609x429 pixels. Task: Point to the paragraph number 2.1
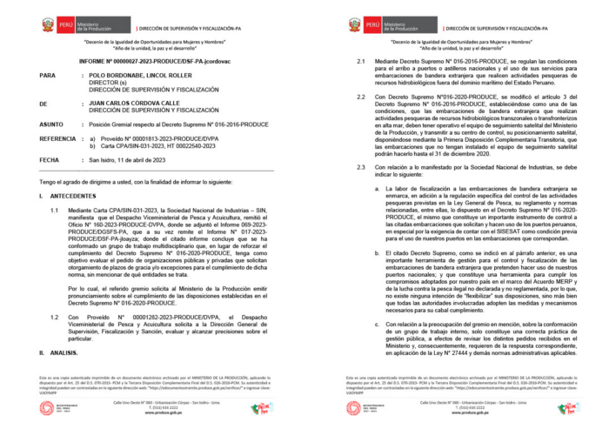click(x=363, y=63)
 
